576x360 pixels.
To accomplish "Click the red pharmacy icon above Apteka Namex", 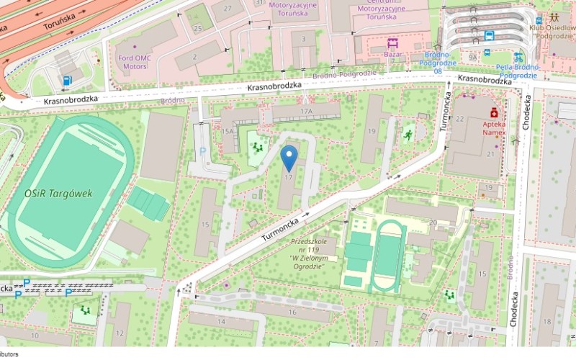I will tap(494, 112).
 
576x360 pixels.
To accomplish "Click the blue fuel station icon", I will tap(67, 81).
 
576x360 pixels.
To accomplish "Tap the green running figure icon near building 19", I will tap(408, 135).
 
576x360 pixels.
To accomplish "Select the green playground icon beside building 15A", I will tap(256, 148).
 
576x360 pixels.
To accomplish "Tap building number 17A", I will tap(306, 112).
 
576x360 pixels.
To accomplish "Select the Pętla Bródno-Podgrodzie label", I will tap(518, 71).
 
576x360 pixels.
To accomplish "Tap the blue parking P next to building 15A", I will tap(202, 150).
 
